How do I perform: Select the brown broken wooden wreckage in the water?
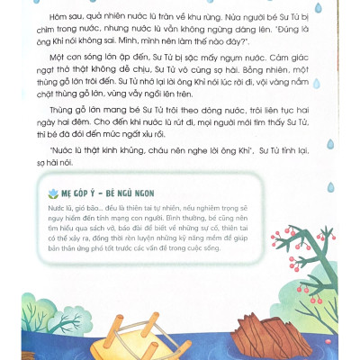237,330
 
